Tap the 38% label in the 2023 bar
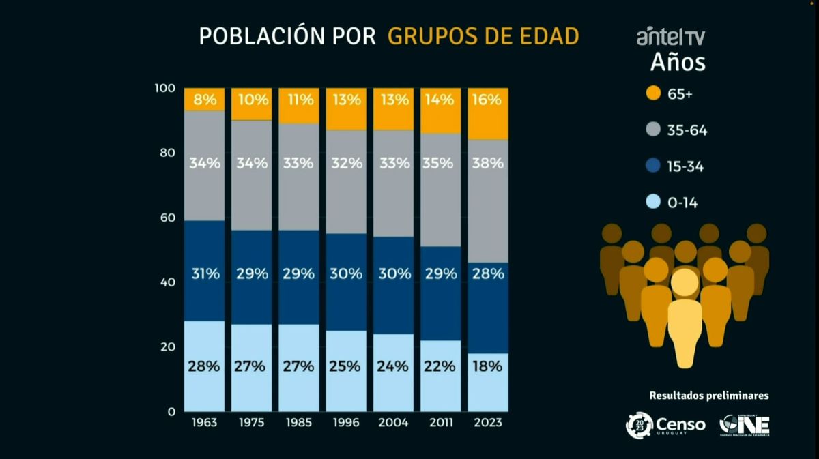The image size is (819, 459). point(488,164)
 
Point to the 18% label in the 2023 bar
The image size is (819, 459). point(488,366)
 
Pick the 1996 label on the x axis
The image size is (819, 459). point(346,423)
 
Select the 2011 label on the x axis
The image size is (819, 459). point(441,423)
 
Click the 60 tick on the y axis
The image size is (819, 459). point(167,218)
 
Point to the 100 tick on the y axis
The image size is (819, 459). point(165,89)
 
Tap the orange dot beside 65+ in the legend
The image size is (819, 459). point(653,93)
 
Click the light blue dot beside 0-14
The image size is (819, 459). point(653,202)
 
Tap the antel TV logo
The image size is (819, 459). point(670,37)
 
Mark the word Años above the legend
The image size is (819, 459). point(677,63)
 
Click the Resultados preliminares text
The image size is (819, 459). point(709,395)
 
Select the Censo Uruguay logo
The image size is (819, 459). point(666,426)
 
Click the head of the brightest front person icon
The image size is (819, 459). point(685,282)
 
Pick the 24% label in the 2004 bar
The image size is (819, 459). point(394,366)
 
